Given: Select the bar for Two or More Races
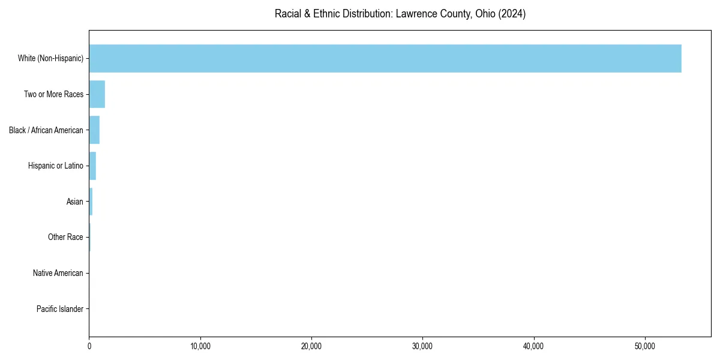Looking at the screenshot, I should [x=97, y=94].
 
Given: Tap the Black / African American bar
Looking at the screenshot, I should [x=94, y=130].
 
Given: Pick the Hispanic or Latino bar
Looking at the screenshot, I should [x=92, y=166].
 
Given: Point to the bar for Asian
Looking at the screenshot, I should [x=91, y=202].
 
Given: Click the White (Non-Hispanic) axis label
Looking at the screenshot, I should [x=50, y=58].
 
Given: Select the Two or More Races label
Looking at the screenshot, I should [x=53, y=94].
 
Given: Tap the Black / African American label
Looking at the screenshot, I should [x=46, y=130].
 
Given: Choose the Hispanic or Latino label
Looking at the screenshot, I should [x=55, y=166].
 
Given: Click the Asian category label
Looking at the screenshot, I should [x=75, y=202].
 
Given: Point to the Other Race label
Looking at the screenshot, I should [x=65, y=238].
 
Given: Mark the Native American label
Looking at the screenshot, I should [x=58, y=273].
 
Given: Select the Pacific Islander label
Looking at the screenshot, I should [x=60, y=309].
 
